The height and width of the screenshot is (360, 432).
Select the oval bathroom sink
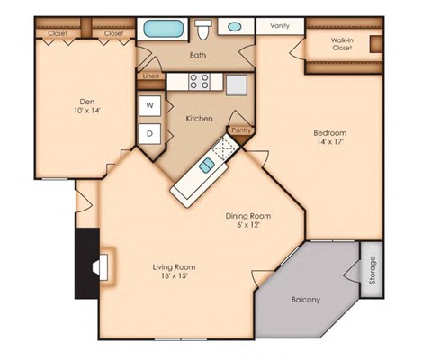click(234, 27)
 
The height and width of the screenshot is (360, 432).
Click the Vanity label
click(281, 27)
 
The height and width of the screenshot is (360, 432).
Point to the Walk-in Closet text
click(341, 43)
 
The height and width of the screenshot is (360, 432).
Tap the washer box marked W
click(150, 105)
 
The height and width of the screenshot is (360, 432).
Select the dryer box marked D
click(150, 135)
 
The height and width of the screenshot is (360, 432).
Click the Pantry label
click(241, 130)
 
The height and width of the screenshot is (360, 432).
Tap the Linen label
click(150, 77)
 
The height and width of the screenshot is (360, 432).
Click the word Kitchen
click(199, 119)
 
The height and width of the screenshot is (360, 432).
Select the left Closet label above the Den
click(57, 33)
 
